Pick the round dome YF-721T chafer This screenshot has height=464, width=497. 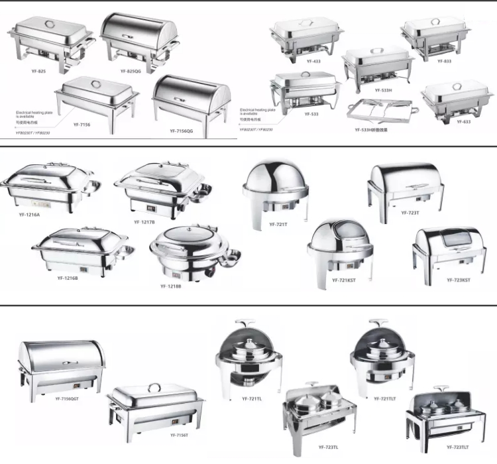(274, 189)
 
